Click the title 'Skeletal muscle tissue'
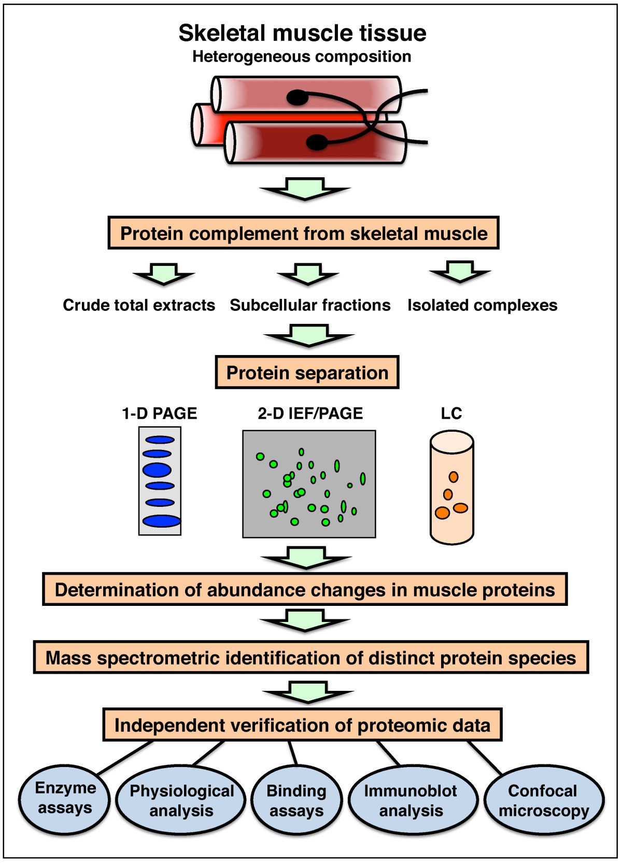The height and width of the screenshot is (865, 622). [302, 33]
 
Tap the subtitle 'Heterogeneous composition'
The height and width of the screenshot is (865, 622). [302, 56]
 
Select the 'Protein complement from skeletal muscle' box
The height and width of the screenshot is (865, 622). [303, 233]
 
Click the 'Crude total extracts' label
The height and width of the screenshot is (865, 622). [139, 305]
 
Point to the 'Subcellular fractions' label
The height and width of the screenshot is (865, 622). [310, 305]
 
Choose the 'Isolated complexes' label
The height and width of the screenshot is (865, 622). [482, 305]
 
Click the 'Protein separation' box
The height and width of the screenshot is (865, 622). [307, 373]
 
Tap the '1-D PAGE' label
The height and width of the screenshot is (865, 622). [159, 414]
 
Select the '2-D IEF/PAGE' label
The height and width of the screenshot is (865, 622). [310, 414]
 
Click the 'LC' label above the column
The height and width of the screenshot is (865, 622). [451, 414]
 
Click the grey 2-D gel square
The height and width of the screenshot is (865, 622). [309, 484]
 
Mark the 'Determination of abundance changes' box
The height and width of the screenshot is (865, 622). [305, 590]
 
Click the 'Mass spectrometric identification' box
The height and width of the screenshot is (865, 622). [310, 658]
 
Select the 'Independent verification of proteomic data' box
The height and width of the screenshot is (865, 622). [302, 725]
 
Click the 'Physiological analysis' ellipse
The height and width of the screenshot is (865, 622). [181, 801]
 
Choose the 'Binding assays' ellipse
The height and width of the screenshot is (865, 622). [296, 801]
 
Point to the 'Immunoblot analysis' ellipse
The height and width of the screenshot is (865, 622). [412, 801]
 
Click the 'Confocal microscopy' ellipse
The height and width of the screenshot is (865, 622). [543, 801]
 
